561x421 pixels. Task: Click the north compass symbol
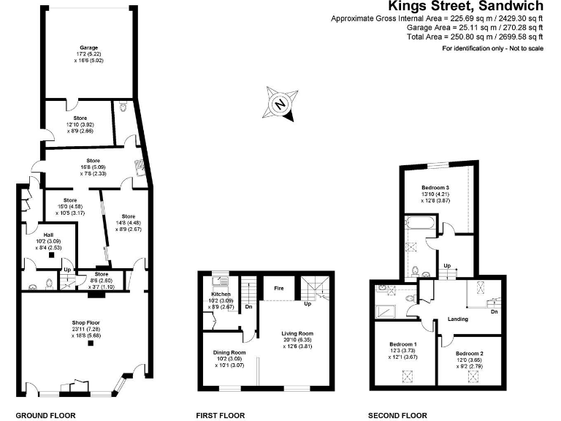[x=280, y=105]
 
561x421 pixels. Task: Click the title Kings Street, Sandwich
[x=465, y=7]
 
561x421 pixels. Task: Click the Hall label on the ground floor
[x=49, y=235]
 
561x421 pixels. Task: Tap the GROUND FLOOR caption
[x=45, y=415]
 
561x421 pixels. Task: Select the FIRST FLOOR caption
[x=220, y=415]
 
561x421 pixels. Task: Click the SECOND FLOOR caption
[x=398, y=415]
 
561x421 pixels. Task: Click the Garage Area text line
[x=475, y=27]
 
